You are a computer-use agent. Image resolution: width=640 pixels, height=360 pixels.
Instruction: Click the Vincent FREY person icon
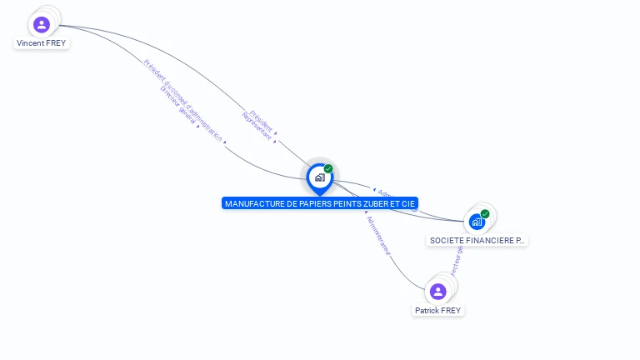point(42,24)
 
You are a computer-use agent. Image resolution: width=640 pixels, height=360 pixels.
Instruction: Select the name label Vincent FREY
point(42,42)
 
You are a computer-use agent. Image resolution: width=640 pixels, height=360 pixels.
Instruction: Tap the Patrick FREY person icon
point(438,291)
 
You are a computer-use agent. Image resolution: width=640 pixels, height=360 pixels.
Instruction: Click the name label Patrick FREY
point(438,310)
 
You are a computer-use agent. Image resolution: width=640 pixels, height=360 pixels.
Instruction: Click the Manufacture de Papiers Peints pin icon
point(319,177)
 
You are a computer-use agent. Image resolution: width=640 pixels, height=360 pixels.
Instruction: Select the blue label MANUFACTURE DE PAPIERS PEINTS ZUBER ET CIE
point(320,203)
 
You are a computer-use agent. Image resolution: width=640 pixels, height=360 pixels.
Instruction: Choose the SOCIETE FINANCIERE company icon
point(477,221)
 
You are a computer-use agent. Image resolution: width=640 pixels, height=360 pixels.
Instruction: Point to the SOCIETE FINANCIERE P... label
point(477,240)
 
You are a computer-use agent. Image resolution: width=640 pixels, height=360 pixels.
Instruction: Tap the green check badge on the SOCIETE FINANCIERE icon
point(485,213)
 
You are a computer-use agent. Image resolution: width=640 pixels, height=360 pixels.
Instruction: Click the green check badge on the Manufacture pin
point(328,168)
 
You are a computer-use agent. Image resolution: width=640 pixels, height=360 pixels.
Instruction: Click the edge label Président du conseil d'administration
point(182,99)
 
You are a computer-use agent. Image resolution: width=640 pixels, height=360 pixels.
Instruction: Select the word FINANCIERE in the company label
point(490,240)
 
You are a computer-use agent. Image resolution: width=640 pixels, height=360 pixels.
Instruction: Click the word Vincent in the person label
point(31,42)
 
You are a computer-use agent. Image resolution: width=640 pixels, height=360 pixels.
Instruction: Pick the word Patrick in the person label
point(427,310)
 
